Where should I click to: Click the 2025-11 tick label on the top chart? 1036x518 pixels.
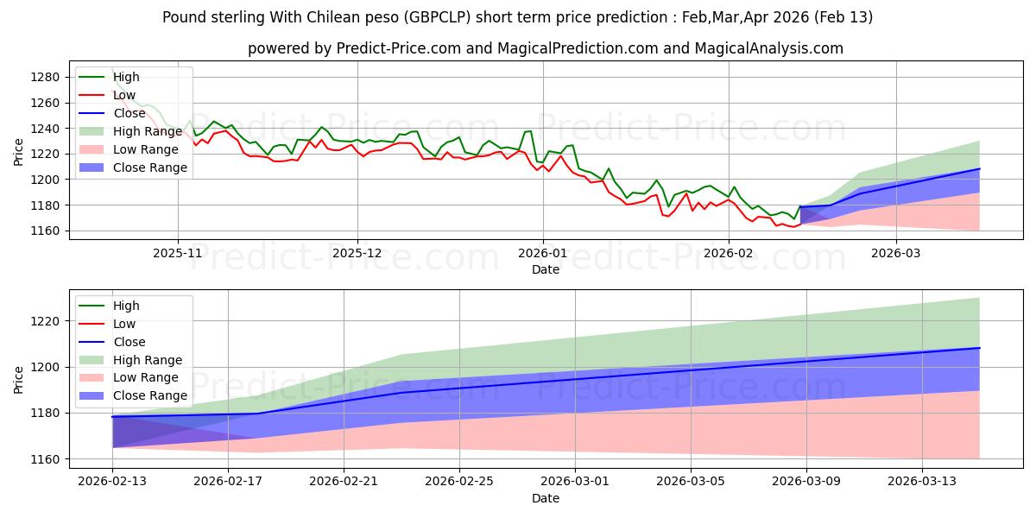coord(178,253)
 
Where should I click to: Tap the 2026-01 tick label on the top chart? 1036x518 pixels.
coord(543,253)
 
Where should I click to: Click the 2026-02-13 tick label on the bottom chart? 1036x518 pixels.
coord(112,482)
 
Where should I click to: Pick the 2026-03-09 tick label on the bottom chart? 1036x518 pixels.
coord(806,482)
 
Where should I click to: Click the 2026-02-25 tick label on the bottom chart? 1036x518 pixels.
coord(459,482)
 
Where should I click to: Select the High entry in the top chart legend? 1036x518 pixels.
coord(126,77)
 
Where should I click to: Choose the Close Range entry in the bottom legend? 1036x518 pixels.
coord(150,395)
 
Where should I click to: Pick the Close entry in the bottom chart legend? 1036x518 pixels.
coord(129,342)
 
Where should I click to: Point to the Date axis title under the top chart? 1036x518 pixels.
coord(546,269)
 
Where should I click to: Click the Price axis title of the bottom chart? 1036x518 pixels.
coord(19,378)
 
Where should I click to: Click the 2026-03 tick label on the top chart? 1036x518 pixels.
coord(895,253)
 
